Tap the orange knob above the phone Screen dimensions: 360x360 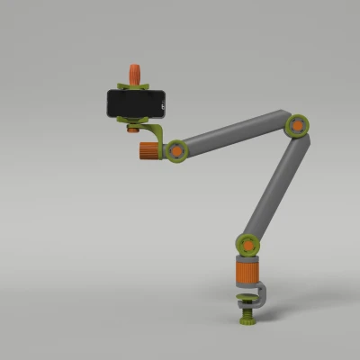point(135,73)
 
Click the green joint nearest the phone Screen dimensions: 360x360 point(175,151)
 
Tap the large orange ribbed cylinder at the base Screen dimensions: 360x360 point(247,270)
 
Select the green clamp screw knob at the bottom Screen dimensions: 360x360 point(245,320)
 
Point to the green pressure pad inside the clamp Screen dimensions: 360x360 point(244,294)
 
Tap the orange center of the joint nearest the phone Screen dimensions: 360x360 point(175,151)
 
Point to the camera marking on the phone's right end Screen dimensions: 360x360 point(163,104)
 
